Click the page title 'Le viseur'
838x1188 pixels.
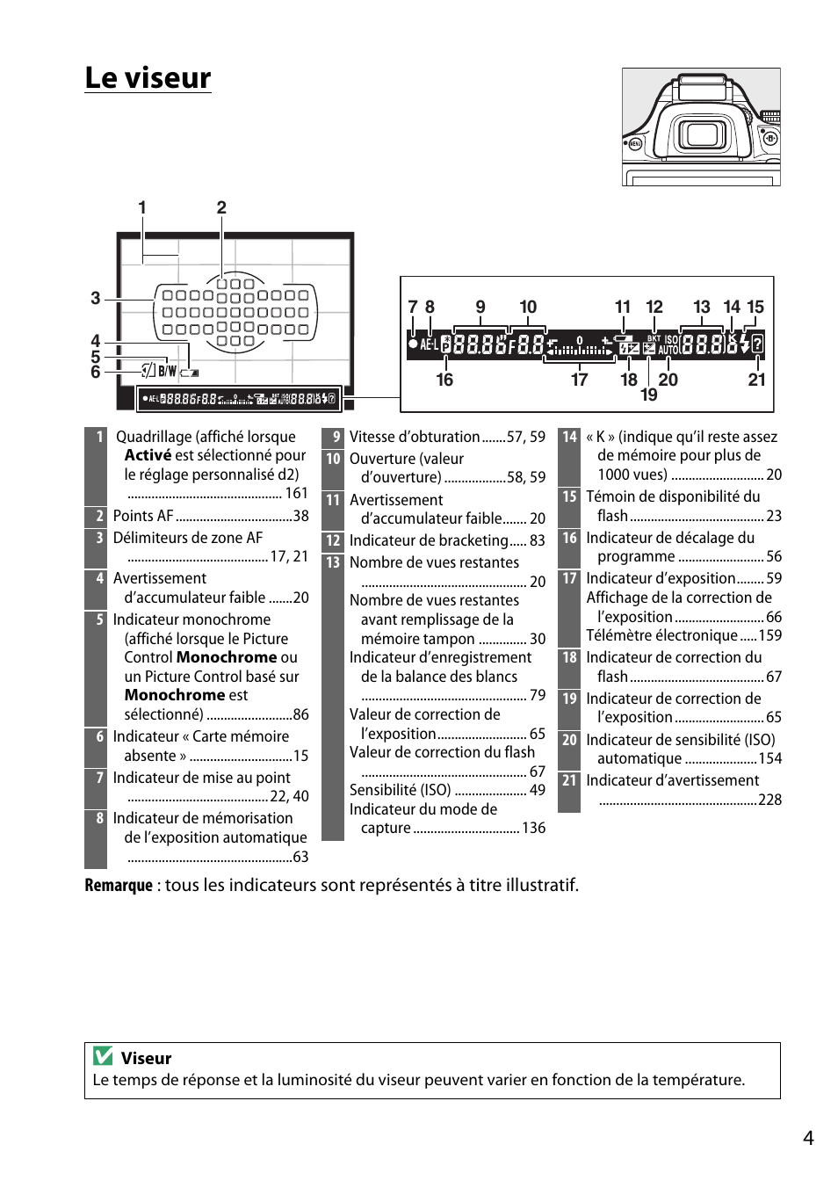[x=148, y=78]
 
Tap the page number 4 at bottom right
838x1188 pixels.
[x=808, y=1138]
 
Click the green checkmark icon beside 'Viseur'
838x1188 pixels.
[x=103, y=1056]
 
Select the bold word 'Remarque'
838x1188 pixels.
[x=119, y=885]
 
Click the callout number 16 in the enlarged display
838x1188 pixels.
[x=444, y=380]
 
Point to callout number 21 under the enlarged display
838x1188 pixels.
[x=756, y=380]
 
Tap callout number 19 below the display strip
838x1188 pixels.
[x=648, y=395]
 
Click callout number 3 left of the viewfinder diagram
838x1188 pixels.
[x=95, y=298]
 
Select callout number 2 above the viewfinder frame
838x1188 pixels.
[x=221, y=207]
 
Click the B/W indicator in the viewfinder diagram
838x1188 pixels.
[x=167, y=371]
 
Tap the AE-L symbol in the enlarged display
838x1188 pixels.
[x=429, y=344]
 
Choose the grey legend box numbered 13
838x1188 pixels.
[x=333, y=562]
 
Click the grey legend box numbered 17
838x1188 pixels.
[x=569, y=578]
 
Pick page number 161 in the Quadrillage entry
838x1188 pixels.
[x=296, y=493]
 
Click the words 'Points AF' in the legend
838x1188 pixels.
[x=143, y=516]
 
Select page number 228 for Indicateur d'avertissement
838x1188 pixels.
[x=769, y=800]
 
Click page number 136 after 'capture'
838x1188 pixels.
[x=533, y=828]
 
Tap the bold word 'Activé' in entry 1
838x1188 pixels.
[x=148, y=455]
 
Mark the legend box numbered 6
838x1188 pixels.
[x=99, y=736]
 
